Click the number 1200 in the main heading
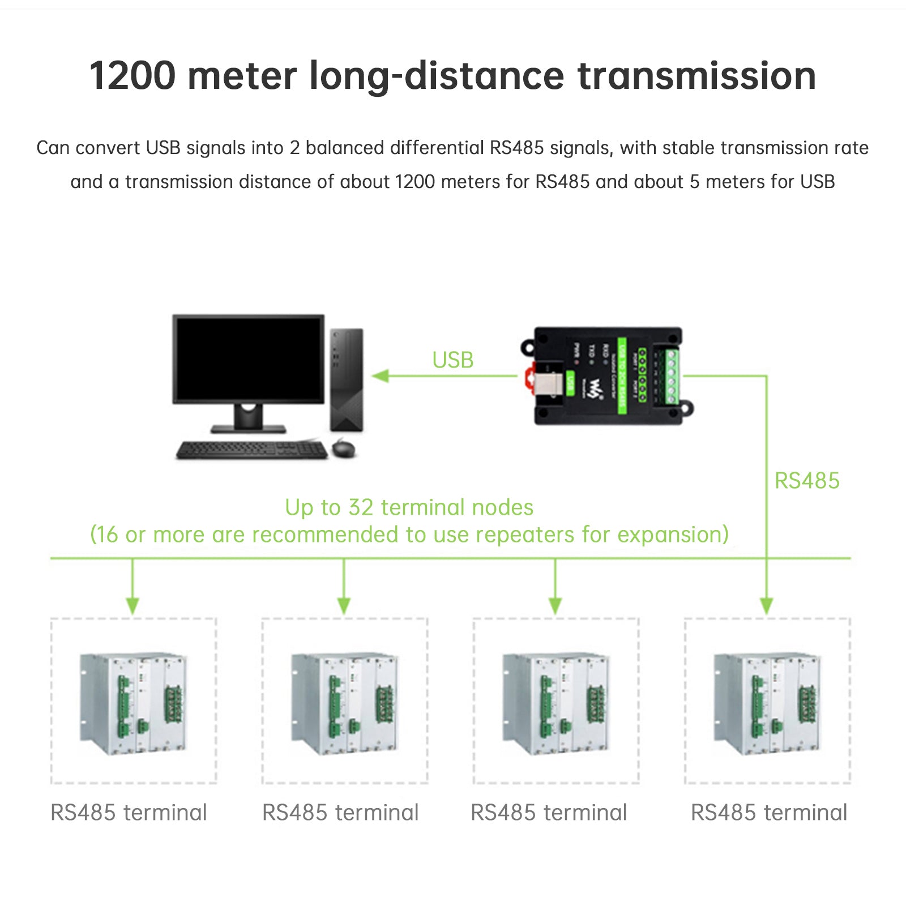click(133, 76)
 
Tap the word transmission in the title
click(696, 76)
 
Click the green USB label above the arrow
click(452, 360)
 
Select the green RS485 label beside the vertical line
click(806, 481)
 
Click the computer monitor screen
click(249, 359)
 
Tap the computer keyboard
click(251, 450)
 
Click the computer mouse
click(344, 448)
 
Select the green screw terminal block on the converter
click(672, 377)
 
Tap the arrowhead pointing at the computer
click(381, 376)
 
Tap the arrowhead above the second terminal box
click(344, 606)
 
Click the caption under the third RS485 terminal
click(549, 813)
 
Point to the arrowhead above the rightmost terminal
click(766, 606)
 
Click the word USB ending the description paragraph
click(817, 182)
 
